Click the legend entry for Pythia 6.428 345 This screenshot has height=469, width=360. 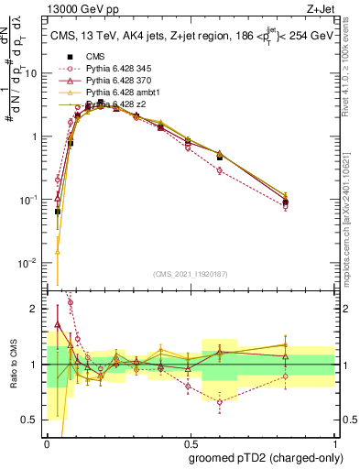[114, 69]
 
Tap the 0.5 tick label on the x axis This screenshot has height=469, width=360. [190, 442]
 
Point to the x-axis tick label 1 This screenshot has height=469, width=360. [333, 442]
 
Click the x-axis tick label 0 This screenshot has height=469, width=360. [47, 442]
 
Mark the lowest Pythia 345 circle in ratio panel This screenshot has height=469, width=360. [220, 402]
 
